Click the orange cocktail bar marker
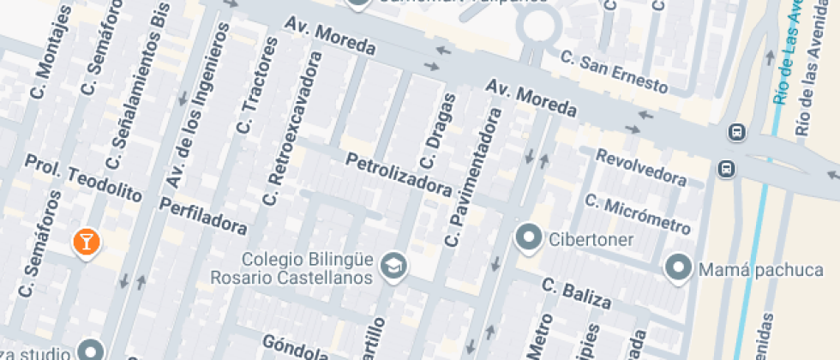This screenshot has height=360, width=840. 86,242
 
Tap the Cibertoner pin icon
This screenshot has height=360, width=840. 529,237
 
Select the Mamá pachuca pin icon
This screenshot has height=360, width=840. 680,268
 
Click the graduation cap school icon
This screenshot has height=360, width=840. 393,265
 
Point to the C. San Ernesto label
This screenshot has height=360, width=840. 614,72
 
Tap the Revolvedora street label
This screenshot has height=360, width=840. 641,168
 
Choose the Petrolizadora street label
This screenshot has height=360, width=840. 398,173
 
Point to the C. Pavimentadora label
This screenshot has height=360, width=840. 472,178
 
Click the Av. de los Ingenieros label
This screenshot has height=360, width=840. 200,105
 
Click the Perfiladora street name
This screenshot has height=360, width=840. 203,215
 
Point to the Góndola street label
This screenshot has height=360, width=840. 296,347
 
